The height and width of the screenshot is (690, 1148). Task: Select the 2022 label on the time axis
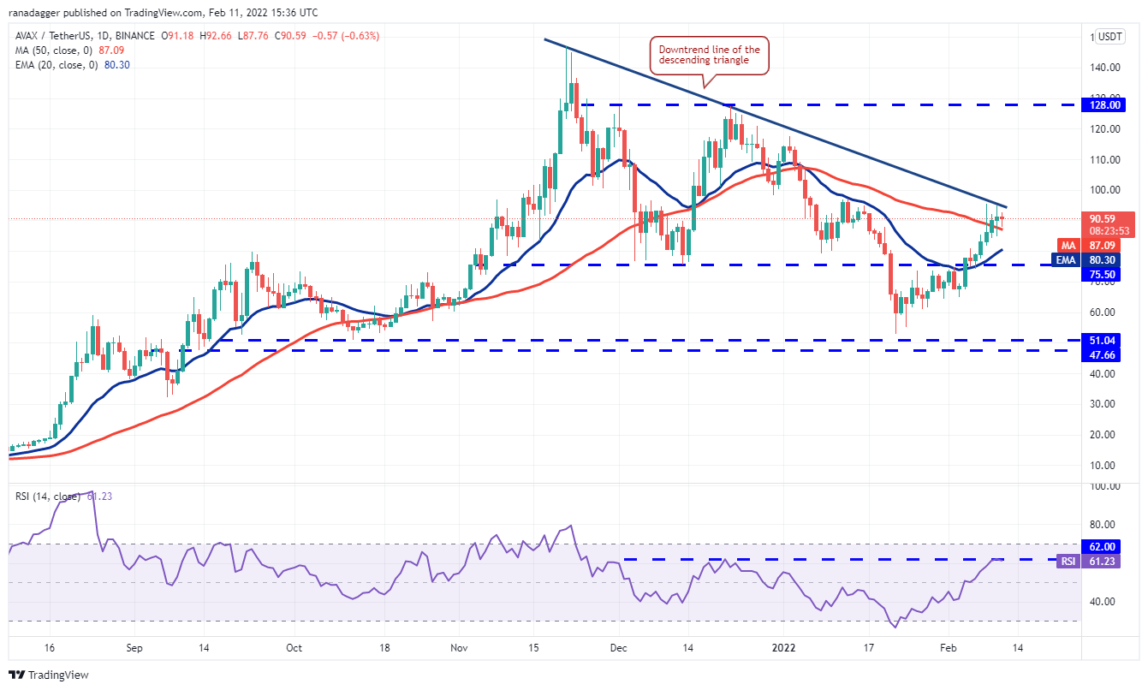coord(784,649)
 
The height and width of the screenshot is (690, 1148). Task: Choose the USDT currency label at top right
coord(1110,37)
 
